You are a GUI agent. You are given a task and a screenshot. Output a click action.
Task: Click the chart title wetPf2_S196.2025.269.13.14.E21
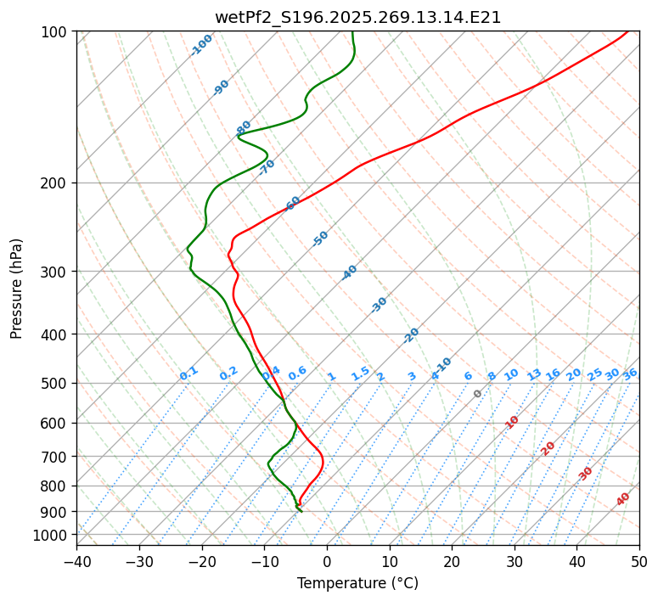(357, 17)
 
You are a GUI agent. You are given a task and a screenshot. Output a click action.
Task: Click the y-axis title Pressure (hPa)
(17, 289)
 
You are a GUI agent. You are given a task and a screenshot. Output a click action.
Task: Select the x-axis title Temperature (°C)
(357, 583)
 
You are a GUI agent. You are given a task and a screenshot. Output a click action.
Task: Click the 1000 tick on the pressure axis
(53, 535)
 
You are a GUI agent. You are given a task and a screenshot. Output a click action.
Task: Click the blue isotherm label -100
(202, 44)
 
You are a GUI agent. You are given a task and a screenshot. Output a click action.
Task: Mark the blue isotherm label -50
(320, 239)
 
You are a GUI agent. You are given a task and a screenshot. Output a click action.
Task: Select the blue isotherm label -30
(380, 304)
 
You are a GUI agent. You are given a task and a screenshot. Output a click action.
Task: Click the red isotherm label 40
(623, 499)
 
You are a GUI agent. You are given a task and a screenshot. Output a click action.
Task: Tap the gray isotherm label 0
(478, 394)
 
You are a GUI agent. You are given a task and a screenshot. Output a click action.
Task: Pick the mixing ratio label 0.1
(188, 374)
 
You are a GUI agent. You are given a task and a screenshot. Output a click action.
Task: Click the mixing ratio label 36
(630, 374)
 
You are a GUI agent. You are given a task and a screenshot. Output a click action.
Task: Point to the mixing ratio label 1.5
(360, 374)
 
